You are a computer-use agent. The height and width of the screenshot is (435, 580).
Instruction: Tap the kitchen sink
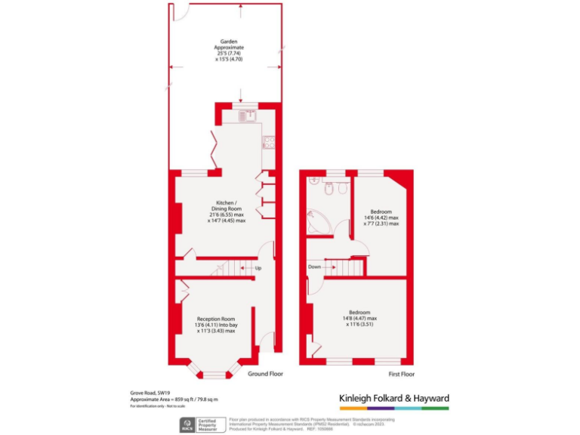[x=245, y=116]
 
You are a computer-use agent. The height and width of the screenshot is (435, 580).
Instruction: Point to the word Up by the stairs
[x=258, y=268]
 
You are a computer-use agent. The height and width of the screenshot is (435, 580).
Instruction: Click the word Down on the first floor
[x=315, y=267]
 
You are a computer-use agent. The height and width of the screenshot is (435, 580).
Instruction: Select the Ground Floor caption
[x=265, y=374]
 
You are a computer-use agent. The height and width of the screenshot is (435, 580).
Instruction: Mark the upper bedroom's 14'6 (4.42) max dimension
[x=381, y=217]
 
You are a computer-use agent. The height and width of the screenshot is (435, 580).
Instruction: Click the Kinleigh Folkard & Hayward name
[x=393, y=398]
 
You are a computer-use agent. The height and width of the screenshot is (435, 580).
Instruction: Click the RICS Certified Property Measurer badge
[x=199, y=424]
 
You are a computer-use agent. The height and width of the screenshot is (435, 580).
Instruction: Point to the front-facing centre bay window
[x=214, y=375]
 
